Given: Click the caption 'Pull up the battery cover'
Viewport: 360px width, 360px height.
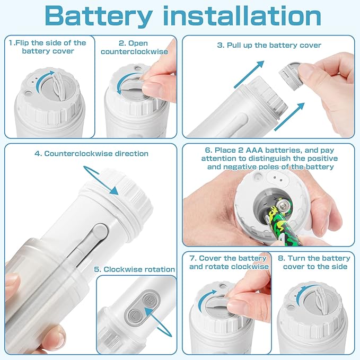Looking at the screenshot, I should point(269,45).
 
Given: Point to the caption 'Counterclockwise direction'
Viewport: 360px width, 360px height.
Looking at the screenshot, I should point(91,153).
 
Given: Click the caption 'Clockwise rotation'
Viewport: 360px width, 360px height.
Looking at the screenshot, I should point(134,269).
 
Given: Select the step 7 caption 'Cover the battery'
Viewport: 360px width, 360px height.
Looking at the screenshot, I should point(228,262).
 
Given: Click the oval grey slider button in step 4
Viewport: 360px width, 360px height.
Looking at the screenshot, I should point(99,233).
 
